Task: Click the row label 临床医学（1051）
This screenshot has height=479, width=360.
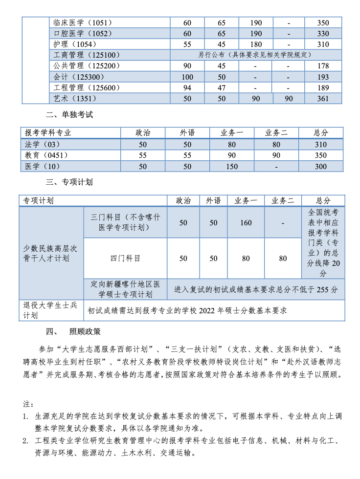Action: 83,22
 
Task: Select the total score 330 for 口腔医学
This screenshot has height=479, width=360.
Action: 323,34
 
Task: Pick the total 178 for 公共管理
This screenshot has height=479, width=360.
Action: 323,66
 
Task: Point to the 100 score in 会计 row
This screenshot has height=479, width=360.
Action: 187,77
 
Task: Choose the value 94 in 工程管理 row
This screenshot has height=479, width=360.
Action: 187,88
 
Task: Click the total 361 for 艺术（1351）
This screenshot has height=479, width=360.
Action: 323,99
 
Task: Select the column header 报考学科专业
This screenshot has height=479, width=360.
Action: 48,133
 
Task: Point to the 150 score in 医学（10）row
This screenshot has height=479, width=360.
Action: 231,167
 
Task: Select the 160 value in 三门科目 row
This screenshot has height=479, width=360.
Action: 246,223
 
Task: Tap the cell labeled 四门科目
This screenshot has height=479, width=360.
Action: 125,258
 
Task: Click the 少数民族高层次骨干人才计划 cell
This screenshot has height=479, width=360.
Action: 50,253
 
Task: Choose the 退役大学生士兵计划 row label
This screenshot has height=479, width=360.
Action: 50,310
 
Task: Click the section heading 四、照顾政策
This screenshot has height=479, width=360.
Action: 73,332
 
